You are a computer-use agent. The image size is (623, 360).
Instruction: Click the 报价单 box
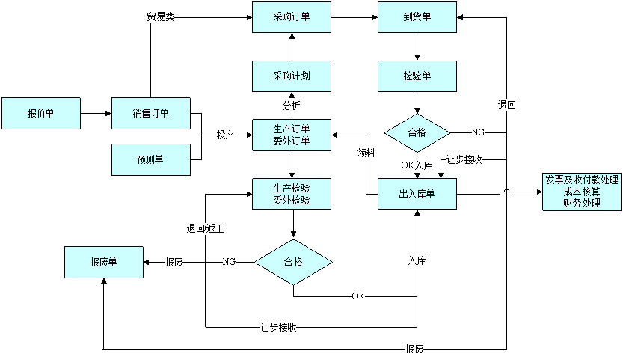[x=40, y=113]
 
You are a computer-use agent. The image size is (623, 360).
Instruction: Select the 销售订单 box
[x=151, y=113]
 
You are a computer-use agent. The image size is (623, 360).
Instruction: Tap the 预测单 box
[x=151, y=159]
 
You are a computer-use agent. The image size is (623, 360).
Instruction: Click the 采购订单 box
[x=291, y=16]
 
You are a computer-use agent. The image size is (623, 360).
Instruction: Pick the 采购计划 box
[x=291, y=76]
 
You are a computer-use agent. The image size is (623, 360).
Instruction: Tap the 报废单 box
[x=103, y=262]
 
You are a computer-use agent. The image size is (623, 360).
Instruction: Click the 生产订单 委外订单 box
[x=291, y=135]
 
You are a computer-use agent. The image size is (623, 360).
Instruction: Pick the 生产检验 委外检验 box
[x=291, y=195]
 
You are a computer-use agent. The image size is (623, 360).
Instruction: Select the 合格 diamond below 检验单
[x=417, y=132]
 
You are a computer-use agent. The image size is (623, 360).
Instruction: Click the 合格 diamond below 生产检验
[x=293, y=262]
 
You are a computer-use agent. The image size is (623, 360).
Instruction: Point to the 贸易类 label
[x=160, y=16]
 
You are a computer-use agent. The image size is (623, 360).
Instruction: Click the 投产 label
[x=226, y=135]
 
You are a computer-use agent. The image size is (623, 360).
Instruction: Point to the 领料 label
[x=366, y=153]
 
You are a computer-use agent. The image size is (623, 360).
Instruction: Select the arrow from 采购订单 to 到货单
[x=355, y=16]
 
